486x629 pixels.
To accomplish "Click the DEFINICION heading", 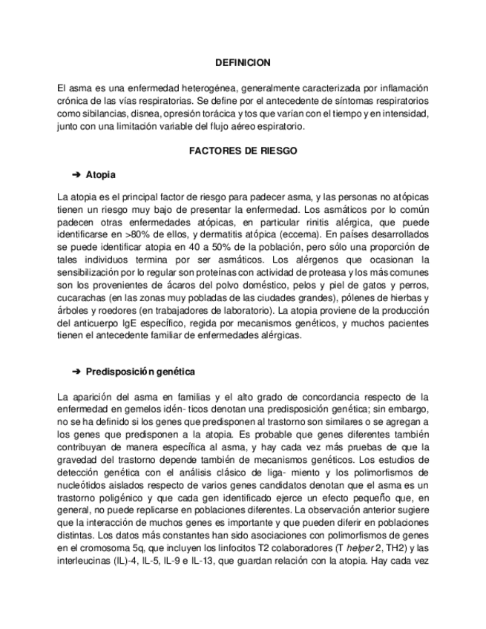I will tap(243, 64).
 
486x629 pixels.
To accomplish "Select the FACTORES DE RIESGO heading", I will tap(243, 151).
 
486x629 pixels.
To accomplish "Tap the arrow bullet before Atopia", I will tap(76, 175).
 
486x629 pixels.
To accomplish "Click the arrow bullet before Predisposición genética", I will tap(76, 371).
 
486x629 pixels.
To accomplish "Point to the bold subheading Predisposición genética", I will tap(140, 371).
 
